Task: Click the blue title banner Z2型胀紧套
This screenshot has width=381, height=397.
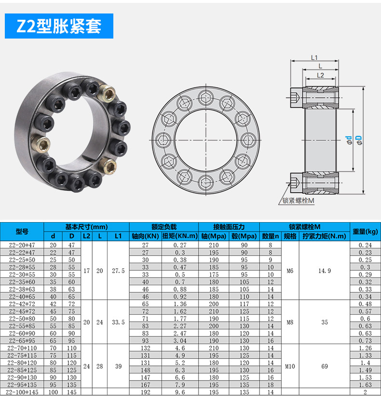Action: [x=59, y=26]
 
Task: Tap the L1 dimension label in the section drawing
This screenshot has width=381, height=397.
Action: [x=314, y=58]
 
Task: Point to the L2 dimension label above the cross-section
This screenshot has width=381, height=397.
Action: [x=320, y=76]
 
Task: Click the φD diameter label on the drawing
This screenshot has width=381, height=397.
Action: [x=359, y=140]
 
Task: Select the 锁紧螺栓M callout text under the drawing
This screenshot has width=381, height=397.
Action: [x=299, y=201]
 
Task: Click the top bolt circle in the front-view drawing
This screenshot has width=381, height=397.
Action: [x=206, y=97]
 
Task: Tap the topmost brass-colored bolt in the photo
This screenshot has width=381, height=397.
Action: [x=107, y=93]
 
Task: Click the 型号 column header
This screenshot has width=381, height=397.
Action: [x=22, y=231]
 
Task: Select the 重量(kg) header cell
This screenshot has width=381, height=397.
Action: [x=365, y=231]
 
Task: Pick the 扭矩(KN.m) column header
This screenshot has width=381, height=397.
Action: [x=180, y=236]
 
